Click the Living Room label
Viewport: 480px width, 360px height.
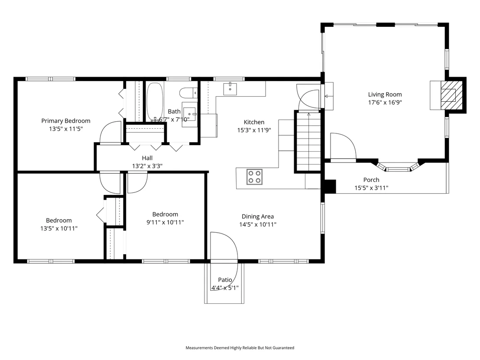coord(385,94)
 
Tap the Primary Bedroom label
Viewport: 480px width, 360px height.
coord(66,121)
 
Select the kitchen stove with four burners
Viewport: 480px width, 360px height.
coord(254,177)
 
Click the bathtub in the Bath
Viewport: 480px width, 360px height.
coord(155,102)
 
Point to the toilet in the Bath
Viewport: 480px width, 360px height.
coord(188,92)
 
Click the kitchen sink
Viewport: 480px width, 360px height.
coord(230,89)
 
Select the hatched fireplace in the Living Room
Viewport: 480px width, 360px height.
coord(451,95)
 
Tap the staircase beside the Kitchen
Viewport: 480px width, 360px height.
coord(308,141)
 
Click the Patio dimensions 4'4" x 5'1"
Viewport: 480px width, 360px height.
coord(225,288)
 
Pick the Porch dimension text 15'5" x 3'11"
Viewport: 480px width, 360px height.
coord(371,188)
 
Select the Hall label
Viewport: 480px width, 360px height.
coord(147,158)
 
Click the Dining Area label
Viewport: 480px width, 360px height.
coord(258,217)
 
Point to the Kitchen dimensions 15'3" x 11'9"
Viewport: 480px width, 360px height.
coord(254,130)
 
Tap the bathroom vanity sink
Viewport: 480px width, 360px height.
coord(189,114)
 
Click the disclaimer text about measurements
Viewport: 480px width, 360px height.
coord(240,348)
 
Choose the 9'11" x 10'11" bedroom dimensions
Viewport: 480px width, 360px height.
coord(165,222)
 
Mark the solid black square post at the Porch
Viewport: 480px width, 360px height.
coord(330,186)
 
